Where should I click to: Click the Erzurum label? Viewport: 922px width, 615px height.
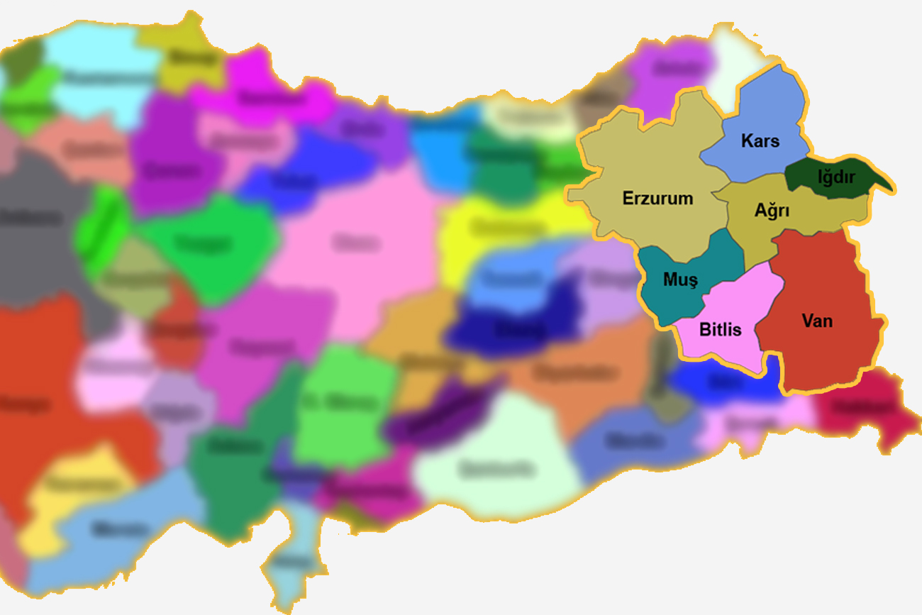click(x=657, y=198)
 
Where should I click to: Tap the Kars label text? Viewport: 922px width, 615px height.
click(x=760, y=140)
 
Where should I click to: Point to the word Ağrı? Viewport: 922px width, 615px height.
click(x=772, y=211)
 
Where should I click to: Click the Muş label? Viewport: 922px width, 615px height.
click(x=680, y=279)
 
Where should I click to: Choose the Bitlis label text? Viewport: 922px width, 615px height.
click(x=720, y=329)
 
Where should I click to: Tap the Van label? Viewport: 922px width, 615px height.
click(x=817, y=321)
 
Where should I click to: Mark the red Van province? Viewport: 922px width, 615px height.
click(x=823, y=355)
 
